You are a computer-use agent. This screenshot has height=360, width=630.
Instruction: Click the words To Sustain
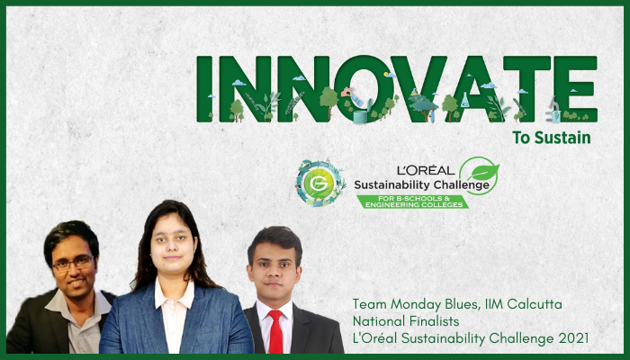(x=553, y=139)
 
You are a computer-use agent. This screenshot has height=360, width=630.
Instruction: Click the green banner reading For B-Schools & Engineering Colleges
(x=413, y=201)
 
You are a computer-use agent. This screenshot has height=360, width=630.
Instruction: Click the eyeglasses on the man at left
(x=72, y=263)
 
